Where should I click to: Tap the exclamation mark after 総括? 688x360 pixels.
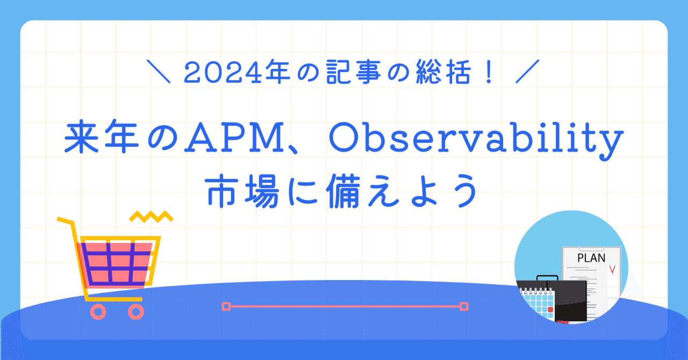pos(489,73)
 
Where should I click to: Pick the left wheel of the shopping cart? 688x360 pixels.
pos(98,311)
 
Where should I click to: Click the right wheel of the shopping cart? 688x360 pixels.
pos(135,311)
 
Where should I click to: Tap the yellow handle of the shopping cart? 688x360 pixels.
pos(64,221)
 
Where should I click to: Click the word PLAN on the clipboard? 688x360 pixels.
pos(591,258)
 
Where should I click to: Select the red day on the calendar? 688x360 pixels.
pos(550,309)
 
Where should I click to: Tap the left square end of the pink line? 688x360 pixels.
pos(226,306)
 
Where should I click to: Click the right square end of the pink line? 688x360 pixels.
pos(464,306)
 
